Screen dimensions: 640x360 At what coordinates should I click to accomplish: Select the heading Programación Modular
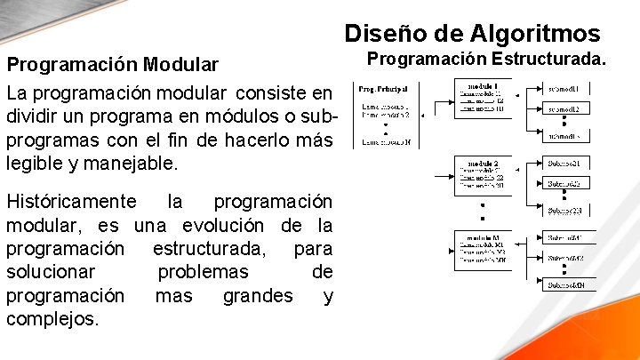coord(112,65)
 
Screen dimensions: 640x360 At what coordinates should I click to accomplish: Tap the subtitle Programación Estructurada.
coord(487,59)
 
